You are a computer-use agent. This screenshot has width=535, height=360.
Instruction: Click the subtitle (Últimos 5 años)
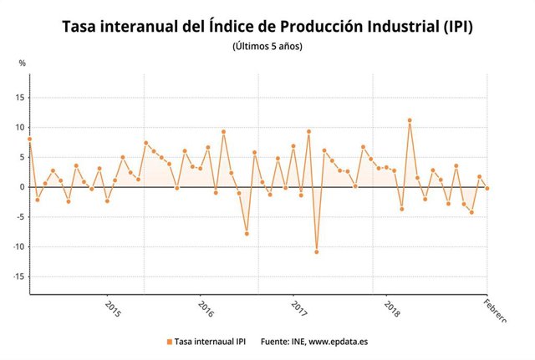click(267, 46)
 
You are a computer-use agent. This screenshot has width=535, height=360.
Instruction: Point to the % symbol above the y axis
click(22, 63)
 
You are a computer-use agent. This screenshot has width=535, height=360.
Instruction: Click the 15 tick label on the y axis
click(20, 97)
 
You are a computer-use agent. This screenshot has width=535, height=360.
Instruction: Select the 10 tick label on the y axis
click(20, 127)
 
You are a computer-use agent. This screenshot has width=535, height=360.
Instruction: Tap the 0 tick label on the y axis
click(23, 187)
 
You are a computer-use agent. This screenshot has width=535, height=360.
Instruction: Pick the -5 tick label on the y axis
click(21, 217)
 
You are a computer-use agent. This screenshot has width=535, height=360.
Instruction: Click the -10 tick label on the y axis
click(18, 247)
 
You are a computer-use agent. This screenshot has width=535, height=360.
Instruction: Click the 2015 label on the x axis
click(113, 309)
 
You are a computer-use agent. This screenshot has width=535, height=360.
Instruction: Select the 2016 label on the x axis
click(206, 309)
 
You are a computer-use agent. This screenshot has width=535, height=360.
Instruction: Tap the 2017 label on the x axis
click(298, 309)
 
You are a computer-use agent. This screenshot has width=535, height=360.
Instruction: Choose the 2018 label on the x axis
click(391, 309)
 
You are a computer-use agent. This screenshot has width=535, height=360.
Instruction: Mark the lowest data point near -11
click(317, 251)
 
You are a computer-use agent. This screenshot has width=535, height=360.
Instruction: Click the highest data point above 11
click(410, 120)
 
